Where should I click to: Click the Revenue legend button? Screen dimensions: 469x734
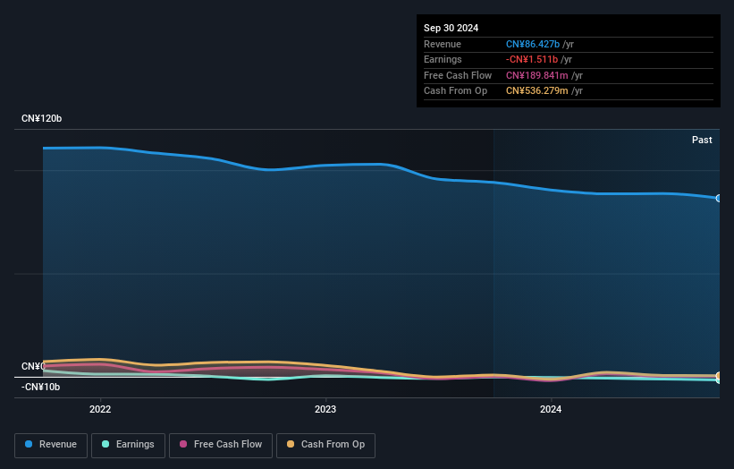click(x=51, y=445)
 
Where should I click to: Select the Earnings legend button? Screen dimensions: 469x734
click(x=128, y=445)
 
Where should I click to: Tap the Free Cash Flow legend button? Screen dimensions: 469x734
click(x=220, y=445)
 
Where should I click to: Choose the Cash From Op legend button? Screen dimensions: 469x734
click(x=326, y=445)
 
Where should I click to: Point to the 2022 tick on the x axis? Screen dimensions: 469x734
click(x=100, y=410)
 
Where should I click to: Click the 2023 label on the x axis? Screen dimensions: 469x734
click(x=325, y=410)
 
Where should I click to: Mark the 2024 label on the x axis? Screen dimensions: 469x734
click(x=551, y=410)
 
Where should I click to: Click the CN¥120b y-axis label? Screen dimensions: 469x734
click(x=42, y=119)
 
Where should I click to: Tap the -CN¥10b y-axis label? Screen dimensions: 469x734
click(x=41, y=387)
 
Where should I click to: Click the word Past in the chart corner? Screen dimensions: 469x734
click(x=702, y=140)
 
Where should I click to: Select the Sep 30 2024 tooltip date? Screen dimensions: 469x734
click(x=451, y=29)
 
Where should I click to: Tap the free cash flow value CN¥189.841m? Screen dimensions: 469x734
click(x=537, y=75)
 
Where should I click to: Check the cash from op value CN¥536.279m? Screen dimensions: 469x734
click(x=537, y=90)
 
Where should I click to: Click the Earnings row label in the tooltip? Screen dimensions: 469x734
click(x=443, y=59)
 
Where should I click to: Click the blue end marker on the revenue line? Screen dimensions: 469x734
click(x=719, y=198)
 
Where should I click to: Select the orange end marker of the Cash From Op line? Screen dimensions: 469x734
click(x=719, y=376)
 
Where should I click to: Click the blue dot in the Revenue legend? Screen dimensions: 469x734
click(x=30, y=445)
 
